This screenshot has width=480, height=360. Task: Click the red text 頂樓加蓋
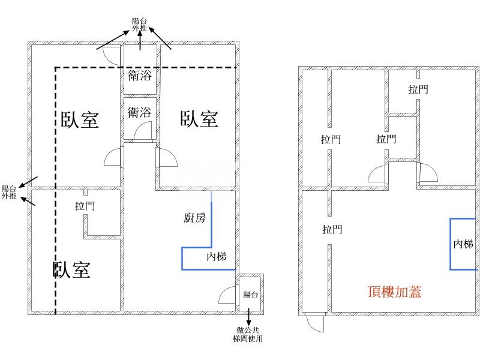pyautogui.click(x=394, y=292)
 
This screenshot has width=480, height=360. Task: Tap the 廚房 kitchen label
pyautogui.click(x=194, y=218)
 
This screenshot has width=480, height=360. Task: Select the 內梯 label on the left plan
pyautogui.click(x=217, y=257)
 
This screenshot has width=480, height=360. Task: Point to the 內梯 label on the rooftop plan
pyautogui.click(x=463, y=244)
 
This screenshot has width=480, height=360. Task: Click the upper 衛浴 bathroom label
pyautogui.click(x=140, y=76)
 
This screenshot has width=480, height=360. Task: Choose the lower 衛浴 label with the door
pyautogui.click(x=139, y=112)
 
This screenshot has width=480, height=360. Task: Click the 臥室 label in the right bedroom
pyautogui.click(x=199, y=119)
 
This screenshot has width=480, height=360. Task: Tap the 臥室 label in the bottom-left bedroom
pyautogui.click(x=71, y=269)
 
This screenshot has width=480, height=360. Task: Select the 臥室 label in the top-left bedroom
pyautogui.click(x=80, y=119)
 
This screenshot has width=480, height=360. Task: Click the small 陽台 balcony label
pyautogui.click(x=251, y=295)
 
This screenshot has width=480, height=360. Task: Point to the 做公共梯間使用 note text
pyautogui.click(x=248, y=334)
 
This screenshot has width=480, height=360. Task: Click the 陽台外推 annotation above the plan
pyautogui.click(x=140, y=25)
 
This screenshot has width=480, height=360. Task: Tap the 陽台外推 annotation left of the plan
pyautogui.click(x=9, y=192)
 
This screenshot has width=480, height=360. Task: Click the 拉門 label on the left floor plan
pyautogui.click(x=85, y=206)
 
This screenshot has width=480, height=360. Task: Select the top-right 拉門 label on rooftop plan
pyautogui.click(x=418, y=89)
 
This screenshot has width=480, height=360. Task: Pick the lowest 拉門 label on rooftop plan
pyautogui.click(x=332, y=229)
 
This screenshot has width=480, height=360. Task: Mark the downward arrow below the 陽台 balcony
pyautogui.click(x=248, y=317)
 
